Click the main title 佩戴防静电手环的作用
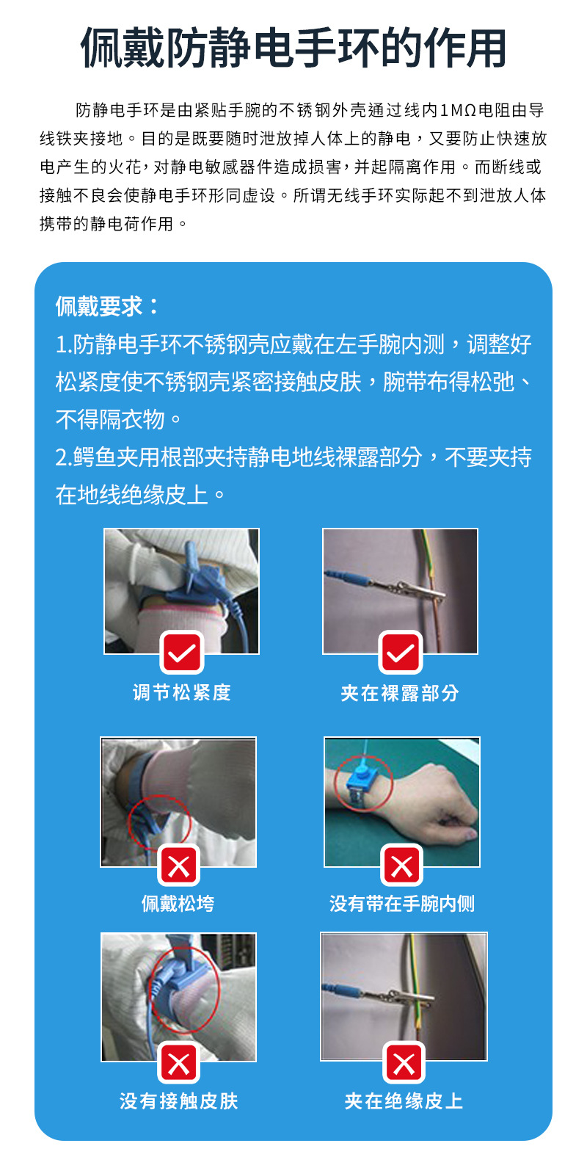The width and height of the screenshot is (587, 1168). coord(293,48)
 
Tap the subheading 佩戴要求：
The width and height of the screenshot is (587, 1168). coord(107,306)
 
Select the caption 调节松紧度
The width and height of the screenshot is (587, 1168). coord(181,692)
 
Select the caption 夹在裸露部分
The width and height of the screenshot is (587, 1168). coord(400,692)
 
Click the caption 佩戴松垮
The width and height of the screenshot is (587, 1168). coord(178,903)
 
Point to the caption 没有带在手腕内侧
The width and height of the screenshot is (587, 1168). coord(402,903)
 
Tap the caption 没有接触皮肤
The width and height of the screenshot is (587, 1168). coord(179,1100)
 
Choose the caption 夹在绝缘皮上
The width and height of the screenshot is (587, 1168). coord(404,1100)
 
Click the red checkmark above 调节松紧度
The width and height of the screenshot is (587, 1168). coord(181,652)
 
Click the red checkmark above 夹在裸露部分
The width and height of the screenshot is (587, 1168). coord(401,652)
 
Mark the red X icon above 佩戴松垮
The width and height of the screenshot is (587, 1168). coord(179,866)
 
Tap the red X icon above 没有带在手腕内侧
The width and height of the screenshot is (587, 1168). coord(402,866)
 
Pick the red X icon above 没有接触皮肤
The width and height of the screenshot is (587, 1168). coord(179,1062)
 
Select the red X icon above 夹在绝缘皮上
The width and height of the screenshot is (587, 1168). coord(404,1062)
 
